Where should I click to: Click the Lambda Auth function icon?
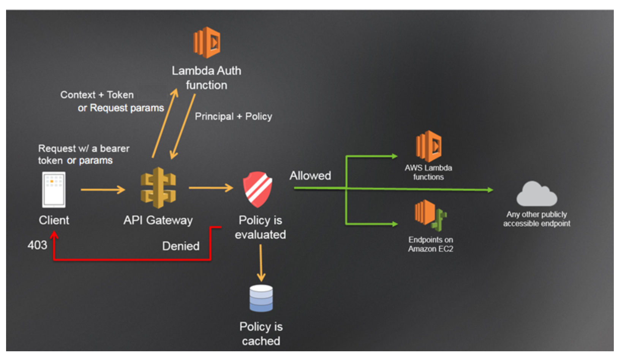point(207,43)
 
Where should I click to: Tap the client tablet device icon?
point(54,189)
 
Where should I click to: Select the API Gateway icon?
point(158,188)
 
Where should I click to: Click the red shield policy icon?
point(258,189)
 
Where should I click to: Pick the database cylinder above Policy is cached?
point(261,298)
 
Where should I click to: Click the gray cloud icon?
point(536,194)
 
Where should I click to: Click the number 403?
point(37,245)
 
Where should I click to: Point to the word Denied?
point(181,246)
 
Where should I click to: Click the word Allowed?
point(310,175)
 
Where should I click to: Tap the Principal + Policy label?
point(233,116)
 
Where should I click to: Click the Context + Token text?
point(97,95)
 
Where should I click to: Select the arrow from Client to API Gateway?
point(103,189)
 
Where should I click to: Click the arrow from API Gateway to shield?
point(211,188)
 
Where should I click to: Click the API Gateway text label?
point(158,220)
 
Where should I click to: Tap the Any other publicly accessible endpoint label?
point(536,219)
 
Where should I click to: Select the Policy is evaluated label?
point(260,227)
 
